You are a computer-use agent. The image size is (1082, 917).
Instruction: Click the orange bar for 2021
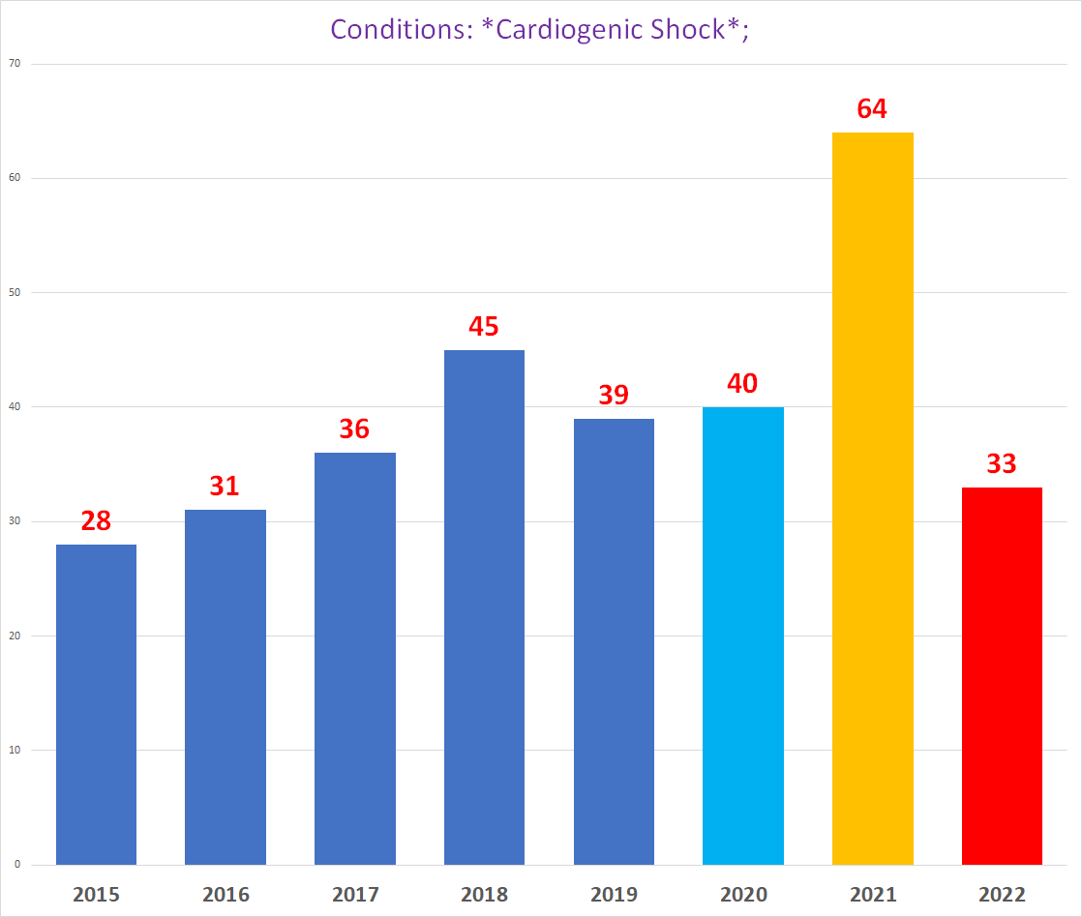tap(872, 498)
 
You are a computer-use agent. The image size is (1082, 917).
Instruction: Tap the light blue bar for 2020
tap(742, 636)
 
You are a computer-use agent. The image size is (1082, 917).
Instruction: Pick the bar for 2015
tap(96, 704)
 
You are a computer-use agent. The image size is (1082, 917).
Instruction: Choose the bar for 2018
tap(484, 606)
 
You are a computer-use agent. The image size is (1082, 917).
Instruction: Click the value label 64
tap(872, 108)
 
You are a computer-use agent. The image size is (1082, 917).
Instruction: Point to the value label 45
tap(484, 326)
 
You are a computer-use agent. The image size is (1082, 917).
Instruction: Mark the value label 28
tap(96, 521)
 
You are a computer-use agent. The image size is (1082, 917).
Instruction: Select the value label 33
tap(1002, 463)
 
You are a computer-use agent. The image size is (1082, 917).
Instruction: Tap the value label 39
tap(614, 395)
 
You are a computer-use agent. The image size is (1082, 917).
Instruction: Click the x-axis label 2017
tap(355, 894)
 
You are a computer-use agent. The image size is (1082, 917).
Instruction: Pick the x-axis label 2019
tap(614, 894)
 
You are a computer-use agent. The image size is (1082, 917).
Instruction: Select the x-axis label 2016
tap(225, 894)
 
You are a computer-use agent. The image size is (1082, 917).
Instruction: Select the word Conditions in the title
tap(396, 28)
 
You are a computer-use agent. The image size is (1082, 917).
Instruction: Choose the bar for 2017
tap(355, 658)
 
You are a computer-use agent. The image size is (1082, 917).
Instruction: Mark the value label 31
tap(225, 486)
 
